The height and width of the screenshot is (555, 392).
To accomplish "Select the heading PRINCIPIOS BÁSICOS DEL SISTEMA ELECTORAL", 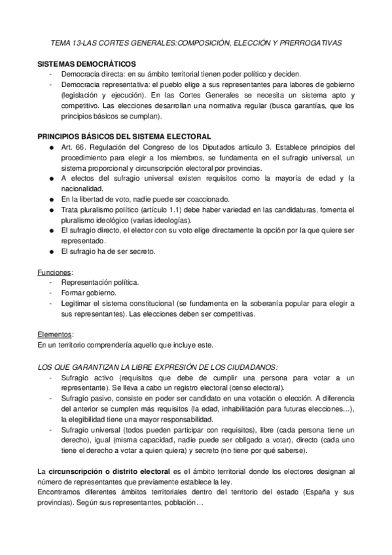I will coord(124,136).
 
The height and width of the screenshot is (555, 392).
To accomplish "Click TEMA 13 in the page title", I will coord(68,43).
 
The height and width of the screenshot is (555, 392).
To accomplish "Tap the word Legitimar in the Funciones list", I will coord(79,303).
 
